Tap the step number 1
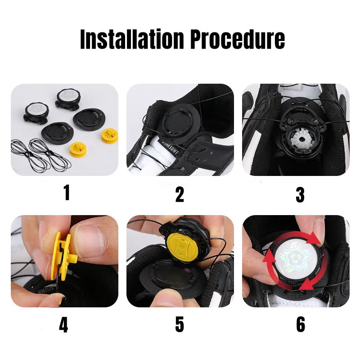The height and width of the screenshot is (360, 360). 66,193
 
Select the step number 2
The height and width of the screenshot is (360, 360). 180,194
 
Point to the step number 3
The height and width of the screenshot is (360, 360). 300,194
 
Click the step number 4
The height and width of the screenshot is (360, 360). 63,324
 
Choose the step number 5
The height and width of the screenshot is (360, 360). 180,324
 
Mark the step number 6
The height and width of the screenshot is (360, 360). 301,324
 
